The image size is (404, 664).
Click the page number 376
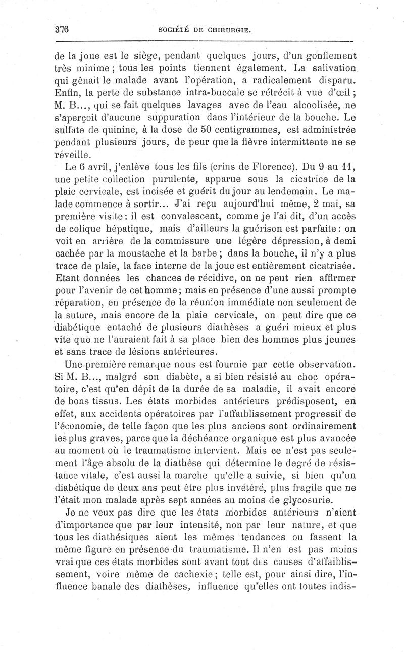pos(62,30)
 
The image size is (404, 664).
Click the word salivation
pos(327,68)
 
